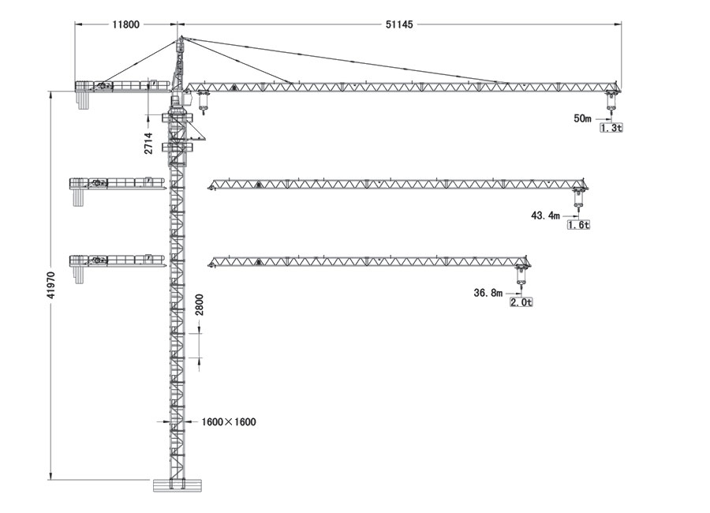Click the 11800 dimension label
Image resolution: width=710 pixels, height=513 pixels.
pos(126,24)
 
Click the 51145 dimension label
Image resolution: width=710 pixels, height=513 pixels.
pos(399,24)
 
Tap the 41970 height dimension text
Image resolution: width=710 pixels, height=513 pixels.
pos(51,285)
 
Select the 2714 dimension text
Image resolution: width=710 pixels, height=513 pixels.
pos(148,143)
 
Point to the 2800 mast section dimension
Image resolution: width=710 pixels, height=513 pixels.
pos(200,305)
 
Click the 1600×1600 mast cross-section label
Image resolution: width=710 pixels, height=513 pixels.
pos(229,422)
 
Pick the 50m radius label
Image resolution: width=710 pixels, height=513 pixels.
pos(582,118)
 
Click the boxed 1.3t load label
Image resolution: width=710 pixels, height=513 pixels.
pos(611,128)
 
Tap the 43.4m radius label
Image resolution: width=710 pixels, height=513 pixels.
pos(545,215)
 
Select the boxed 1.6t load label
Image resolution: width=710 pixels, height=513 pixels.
pos(579,225)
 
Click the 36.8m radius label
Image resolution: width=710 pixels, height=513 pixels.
pos(488,294)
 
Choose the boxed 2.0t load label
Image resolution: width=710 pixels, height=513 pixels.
pos(521,302)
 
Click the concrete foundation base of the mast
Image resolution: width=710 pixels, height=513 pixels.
pos(177,485)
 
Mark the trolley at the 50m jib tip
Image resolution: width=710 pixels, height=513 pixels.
pos(611,100)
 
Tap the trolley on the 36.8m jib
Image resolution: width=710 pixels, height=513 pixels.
pos(521,275)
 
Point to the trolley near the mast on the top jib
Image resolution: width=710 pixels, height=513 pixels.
pos(203,100)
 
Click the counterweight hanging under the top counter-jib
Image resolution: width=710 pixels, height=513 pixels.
pos(82,99)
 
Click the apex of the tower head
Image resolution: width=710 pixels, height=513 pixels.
pos(180,37)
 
